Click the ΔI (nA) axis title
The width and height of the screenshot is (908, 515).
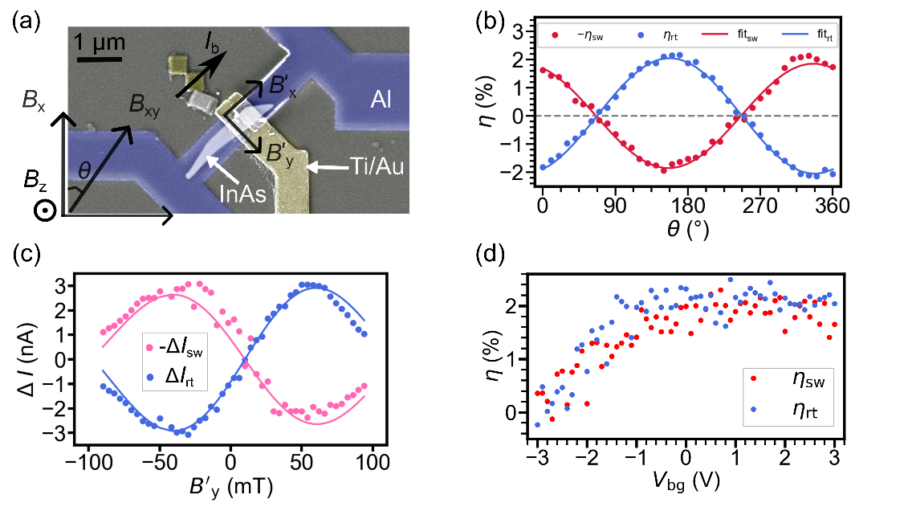coord(26,359)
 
